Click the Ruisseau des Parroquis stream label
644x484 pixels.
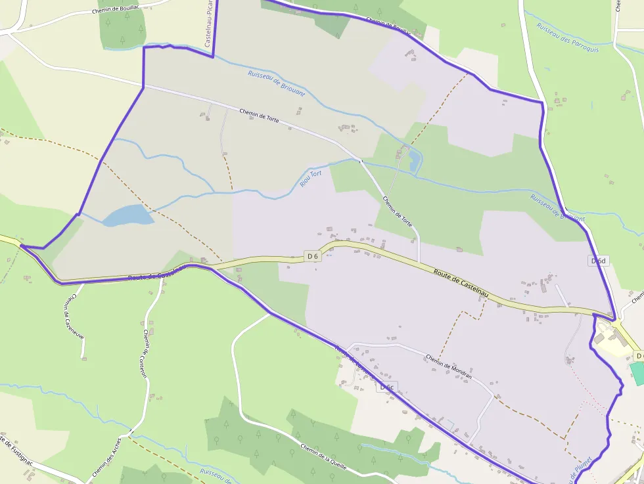tap(568, 38)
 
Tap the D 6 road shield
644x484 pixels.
tap(312, 256)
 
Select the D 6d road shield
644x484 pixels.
tap(597, 261)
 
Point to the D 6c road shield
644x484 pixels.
tap(386, 387)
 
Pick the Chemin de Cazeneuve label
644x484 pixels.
tap(74, 315)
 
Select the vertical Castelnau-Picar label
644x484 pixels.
tap(209, 23)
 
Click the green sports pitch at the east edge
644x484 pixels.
tap(637, 373)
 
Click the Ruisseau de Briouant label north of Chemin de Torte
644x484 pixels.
tap(277, 83)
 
